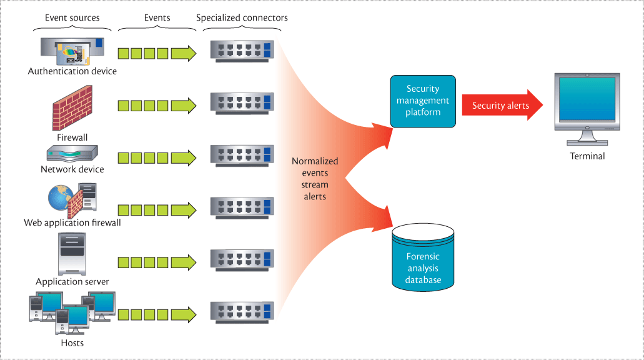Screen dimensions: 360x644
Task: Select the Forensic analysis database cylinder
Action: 423,257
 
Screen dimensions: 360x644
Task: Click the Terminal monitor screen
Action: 587,99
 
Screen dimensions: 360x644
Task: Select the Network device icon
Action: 72,154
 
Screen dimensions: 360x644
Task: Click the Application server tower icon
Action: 72,254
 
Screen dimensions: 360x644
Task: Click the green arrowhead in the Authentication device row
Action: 184,53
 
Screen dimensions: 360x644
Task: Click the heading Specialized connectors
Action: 242,17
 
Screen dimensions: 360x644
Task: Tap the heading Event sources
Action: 71,17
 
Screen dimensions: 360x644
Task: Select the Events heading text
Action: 157,17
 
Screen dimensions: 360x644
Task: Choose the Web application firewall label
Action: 72,222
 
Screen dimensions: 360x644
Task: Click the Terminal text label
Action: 587,156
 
